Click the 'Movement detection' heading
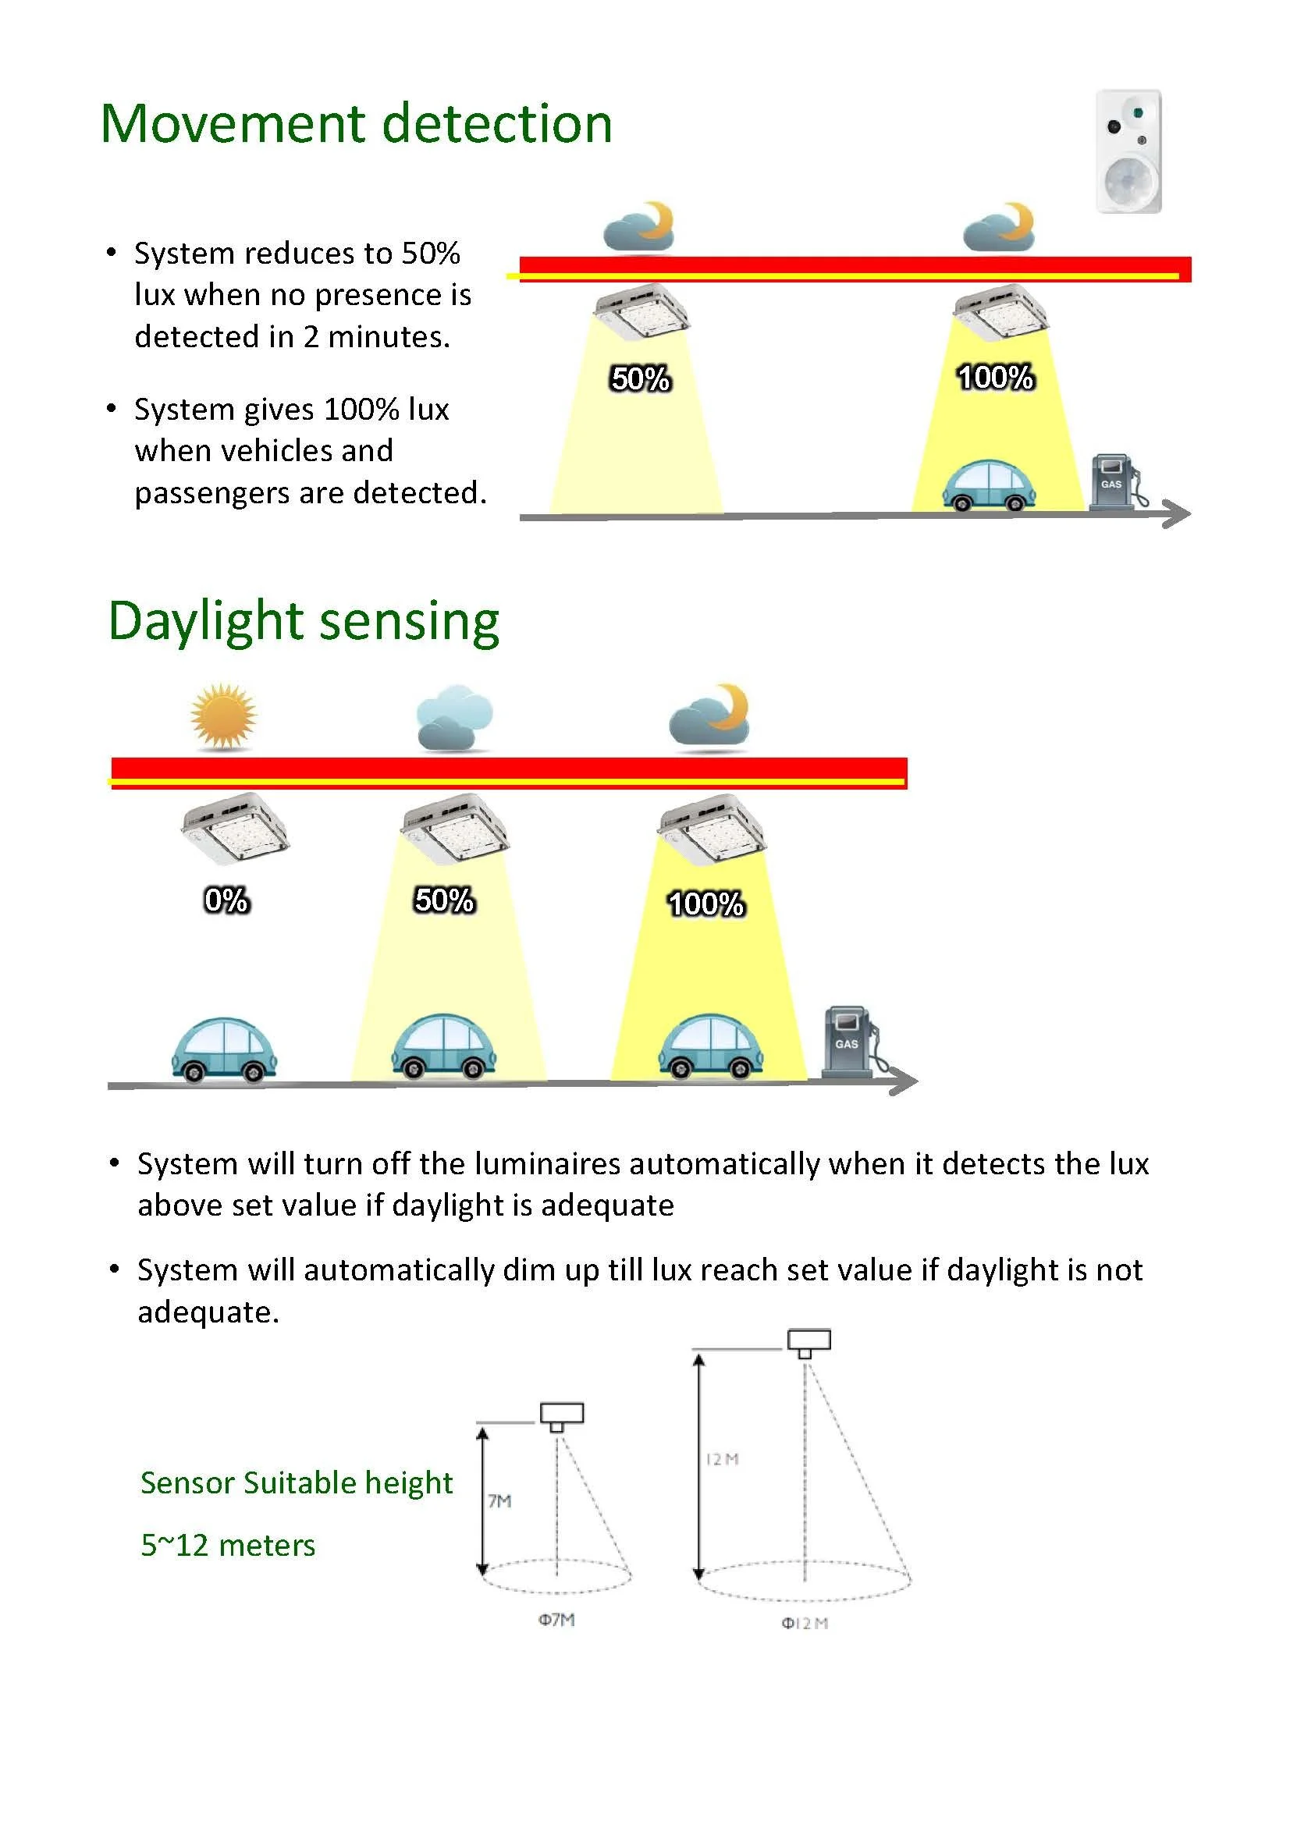356,124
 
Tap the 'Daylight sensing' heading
304,621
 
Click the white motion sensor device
1128,151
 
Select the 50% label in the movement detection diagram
641,379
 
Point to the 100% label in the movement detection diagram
995,378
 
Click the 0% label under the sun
226,900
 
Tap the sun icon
223,716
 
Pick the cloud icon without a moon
454,718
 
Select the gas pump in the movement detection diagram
1114,481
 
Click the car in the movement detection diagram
989,485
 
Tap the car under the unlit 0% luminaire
224,1049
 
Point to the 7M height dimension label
500,1500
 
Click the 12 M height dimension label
723,1459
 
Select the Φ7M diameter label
556,1619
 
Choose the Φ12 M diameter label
805,1623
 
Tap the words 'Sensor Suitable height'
297,1483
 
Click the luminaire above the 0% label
234,829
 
